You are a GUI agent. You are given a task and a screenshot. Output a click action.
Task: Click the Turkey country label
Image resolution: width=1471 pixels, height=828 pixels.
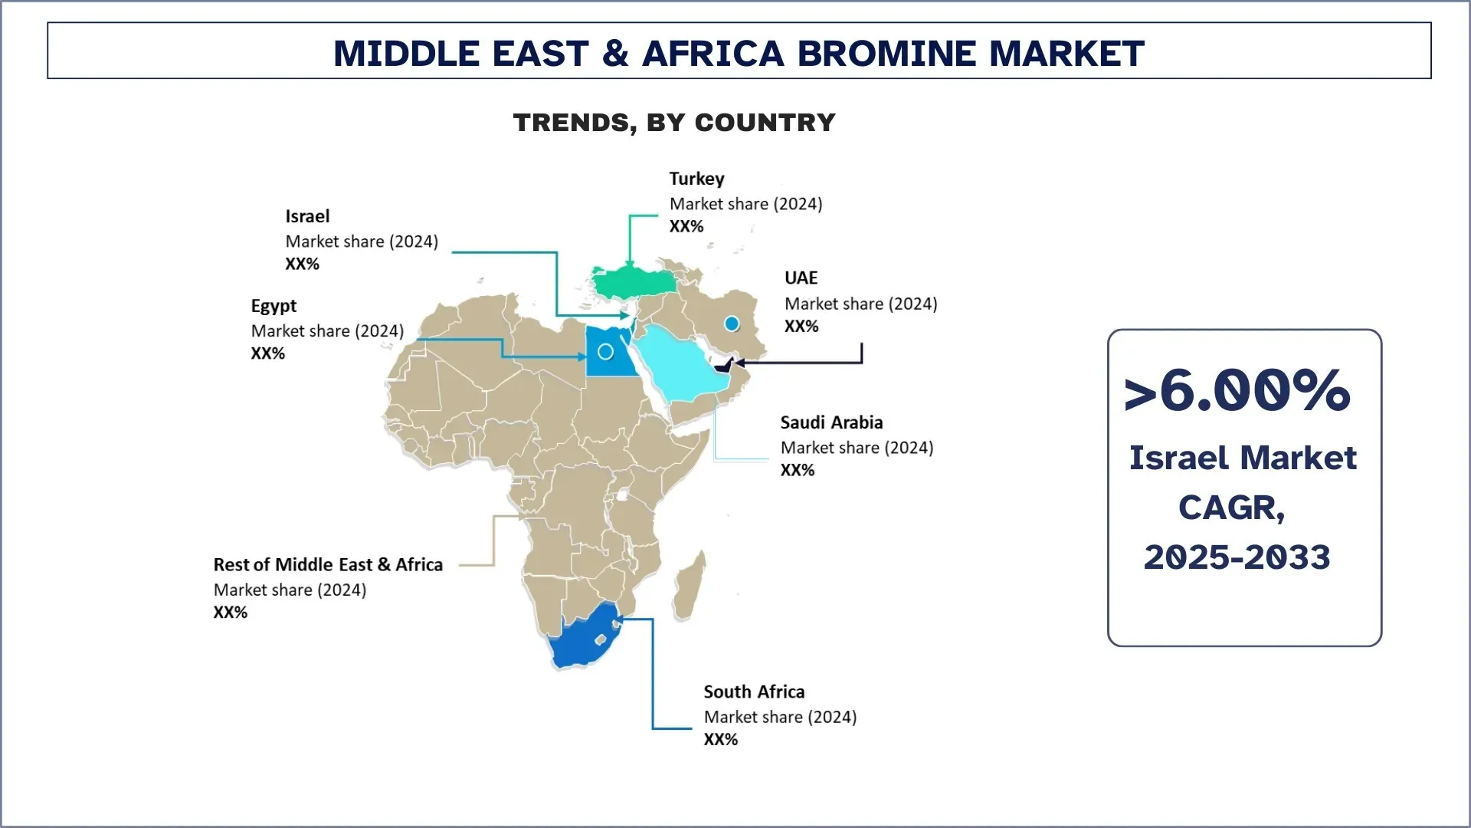[696, 179]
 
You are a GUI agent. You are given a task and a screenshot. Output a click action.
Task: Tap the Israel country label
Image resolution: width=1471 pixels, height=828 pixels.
[307, 216]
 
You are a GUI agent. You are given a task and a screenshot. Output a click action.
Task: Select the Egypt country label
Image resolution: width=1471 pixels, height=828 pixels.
[274, 306]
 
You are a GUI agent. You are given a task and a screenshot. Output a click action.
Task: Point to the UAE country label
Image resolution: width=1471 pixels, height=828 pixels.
[801, 278]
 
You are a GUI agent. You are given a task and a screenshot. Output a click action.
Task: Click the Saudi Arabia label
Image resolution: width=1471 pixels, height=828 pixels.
[831, 422]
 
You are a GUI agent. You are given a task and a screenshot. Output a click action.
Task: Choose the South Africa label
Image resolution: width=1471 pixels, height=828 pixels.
[754, 692]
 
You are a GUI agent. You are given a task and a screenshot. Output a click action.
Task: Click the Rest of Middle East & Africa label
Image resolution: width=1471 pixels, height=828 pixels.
[328, 565]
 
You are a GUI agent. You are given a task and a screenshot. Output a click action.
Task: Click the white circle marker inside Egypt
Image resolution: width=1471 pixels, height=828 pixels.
[605, 352]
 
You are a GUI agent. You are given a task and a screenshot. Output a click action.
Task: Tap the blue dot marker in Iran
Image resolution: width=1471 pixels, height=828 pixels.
[732, 324]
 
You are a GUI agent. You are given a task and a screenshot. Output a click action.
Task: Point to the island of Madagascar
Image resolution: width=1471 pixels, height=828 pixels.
[690, 586]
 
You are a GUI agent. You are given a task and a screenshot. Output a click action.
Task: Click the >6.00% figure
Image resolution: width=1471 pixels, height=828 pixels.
[1237, 391]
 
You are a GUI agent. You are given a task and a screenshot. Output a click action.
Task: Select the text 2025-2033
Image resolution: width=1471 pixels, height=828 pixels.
[1237, 557]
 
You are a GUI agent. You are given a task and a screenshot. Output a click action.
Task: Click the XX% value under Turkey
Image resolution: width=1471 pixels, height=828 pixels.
[686, 226]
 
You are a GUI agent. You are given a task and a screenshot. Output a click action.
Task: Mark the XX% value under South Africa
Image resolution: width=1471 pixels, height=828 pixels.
[721, 740]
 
